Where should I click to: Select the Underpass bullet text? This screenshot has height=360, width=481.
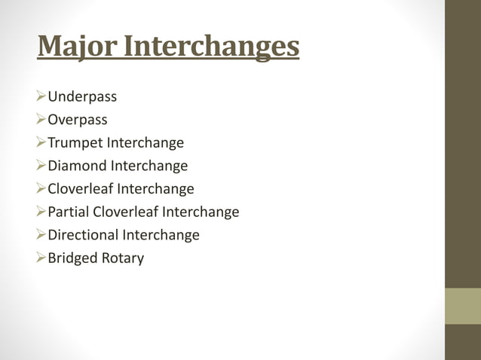(x=82, y=97)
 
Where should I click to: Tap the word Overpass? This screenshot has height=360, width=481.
(x=78, y=120)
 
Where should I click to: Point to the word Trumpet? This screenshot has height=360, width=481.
(x=74, y=143)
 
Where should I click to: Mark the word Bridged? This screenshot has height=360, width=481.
(x=72, y=258)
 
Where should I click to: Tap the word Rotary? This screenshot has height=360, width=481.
(x=123, y=258)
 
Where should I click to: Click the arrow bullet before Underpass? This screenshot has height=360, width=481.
(x=41, y=97)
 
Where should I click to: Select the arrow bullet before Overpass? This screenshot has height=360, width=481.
(x=41, y=120)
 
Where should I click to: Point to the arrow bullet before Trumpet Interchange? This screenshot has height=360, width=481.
(x=41, y=143)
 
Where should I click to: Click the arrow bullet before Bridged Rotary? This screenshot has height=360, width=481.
(x=41, y=258)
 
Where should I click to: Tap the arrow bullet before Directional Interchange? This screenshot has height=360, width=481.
(x=41, y=235)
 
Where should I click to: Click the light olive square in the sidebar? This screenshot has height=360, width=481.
(x=463, y=306)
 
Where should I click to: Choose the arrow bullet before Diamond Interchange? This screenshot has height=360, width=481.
(x=41, y=166)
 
